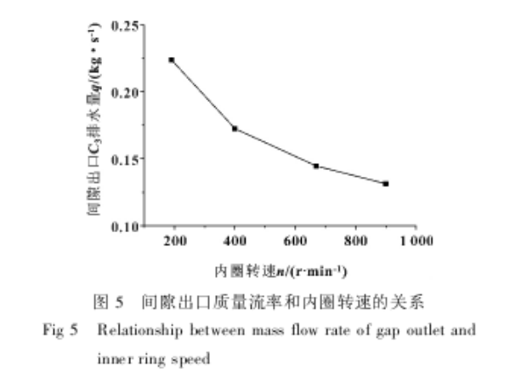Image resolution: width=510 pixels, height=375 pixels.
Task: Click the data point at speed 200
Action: point(172,60)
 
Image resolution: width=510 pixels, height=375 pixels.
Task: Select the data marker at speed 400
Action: point(235,128)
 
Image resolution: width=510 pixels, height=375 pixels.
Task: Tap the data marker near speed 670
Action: point(316,166)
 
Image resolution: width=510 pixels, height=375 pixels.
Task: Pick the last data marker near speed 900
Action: point(385,184)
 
